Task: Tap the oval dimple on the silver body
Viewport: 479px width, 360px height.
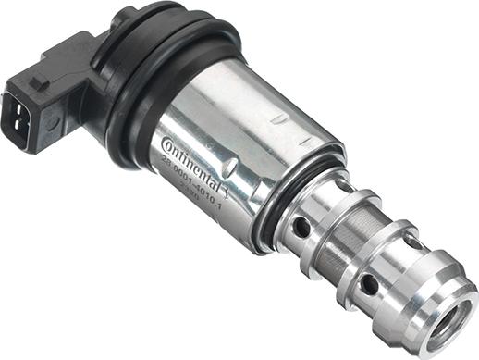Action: pos(230,167)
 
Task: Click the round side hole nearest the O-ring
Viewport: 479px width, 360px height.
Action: pos(302,226)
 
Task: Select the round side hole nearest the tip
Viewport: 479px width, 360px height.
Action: pos(368,280)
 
